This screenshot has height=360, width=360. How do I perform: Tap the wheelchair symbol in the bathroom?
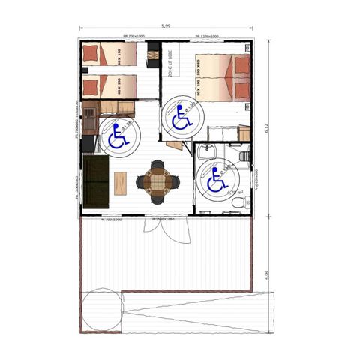(x=216, y=179)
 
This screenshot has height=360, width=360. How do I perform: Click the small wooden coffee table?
(x=120, y=181)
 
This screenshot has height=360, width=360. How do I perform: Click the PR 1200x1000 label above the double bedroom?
(x=207, y=36)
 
